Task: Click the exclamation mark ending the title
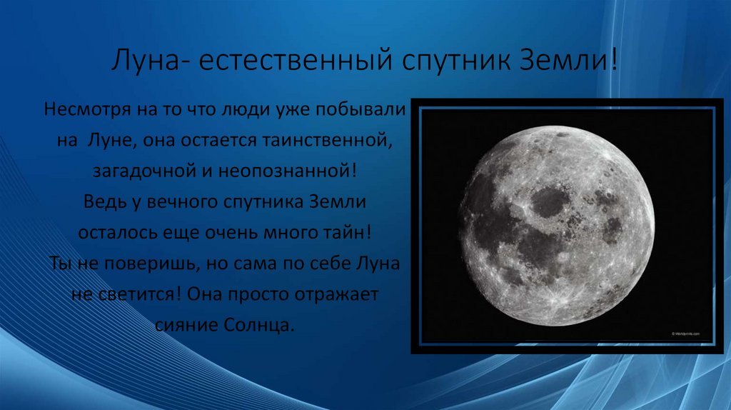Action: coord(613,60)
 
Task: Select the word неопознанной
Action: coord(283,171)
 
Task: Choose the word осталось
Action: coord(117,233)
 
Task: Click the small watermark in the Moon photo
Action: coord(685,334)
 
